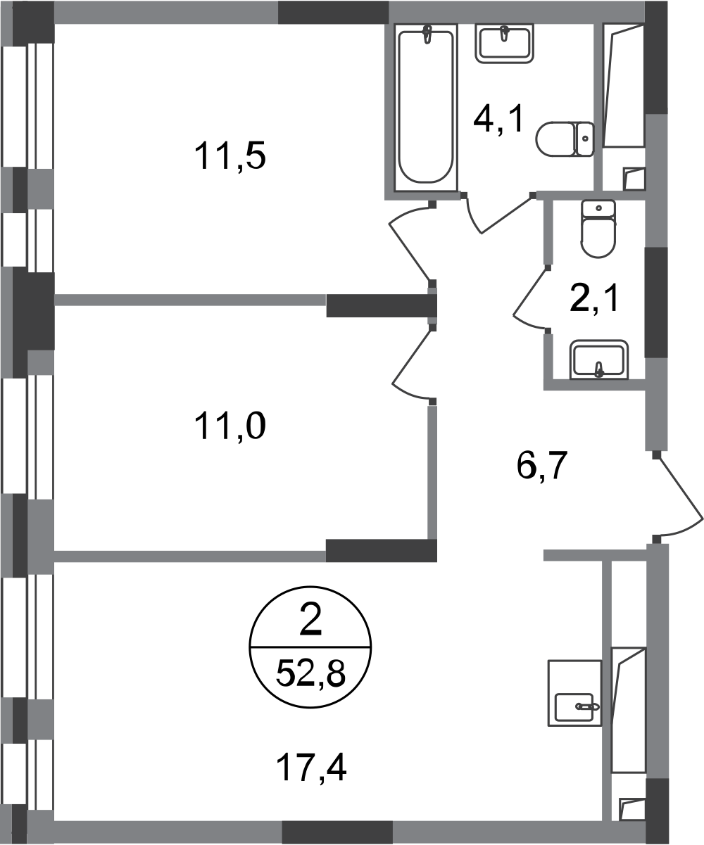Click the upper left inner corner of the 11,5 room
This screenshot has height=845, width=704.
pyautogui.click(x=54, y=24)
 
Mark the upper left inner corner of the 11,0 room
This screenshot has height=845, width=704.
pyautogui.click(x=54, y=306)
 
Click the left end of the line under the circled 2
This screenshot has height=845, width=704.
pyautogui.click(x=250, y=647)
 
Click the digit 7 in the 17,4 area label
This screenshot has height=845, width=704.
pyautogui.click(x=303, y=768)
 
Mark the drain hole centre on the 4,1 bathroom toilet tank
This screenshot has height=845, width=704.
pyautogui.click(x=585, y=139)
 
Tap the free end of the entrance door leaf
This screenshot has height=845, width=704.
pyautogui.click(x=703, y=519)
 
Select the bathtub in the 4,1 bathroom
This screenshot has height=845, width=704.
pyautogui.click(x=426, y=107)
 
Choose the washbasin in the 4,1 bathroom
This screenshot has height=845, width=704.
pyautogui.click(x=504, y=44)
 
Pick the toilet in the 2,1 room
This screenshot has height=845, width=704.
pyautogui.click(x=598, y=229)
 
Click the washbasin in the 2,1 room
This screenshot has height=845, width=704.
pyautogui.click(x=599, y=360)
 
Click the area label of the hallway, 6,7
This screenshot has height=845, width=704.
pyautogui.click(x=541, y=465)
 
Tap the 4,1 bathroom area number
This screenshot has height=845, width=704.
pyautogui.click(x=499, y=119)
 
